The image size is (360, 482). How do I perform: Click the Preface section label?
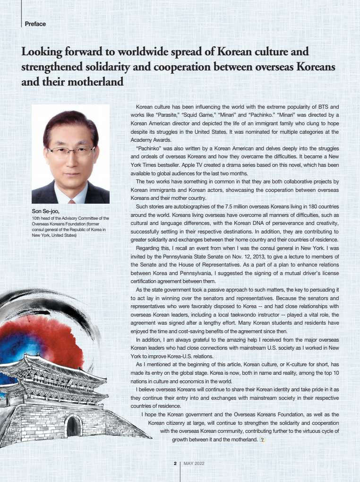[x=35, y=24]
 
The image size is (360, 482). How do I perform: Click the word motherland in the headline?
[x=94, y=82]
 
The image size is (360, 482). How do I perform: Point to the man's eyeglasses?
[x=71, y=152]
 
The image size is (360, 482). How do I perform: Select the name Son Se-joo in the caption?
[x=45, y=212]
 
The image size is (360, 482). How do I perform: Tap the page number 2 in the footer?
[x=175, y=464]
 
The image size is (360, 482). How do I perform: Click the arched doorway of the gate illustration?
[x=73, y=426]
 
